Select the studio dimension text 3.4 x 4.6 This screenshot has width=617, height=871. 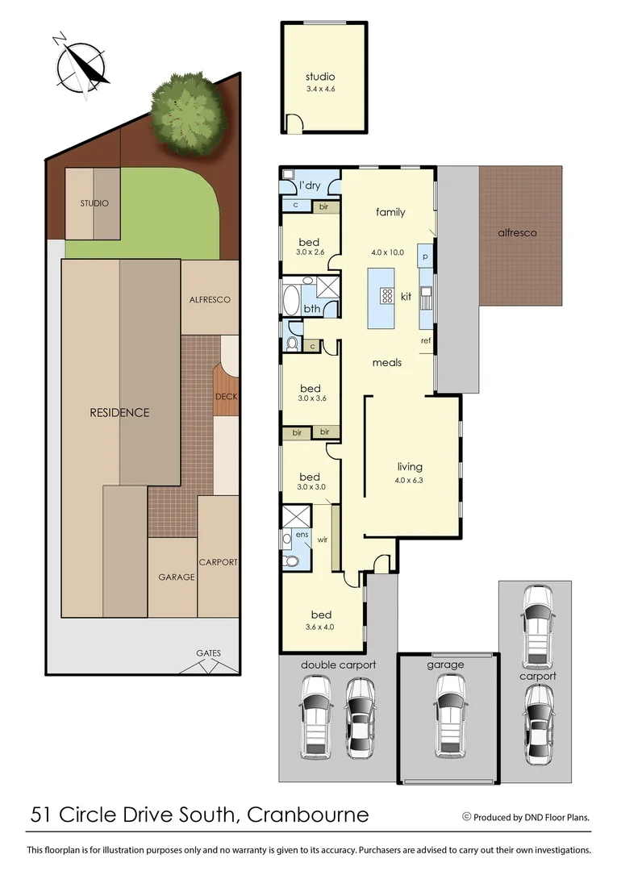(319, 89)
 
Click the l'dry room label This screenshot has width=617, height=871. (310, 186)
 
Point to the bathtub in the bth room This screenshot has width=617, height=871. (290, 297)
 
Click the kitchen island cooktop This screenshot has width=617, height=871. (386, 296)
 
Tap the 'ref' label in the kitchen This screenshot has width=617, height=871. (426, 340)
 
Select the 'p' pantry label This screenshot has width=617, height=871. (425, 257)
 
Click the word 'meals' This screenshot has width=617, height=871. (386, 362)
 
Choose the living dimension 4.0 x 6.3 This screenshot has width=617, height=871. (410, 481)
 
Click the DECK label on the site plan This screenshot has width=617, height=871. (226, 396)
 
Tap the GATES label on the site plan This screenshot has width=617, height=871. (207, 653)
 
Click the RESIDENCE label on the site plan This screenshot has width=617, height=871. (119, 412)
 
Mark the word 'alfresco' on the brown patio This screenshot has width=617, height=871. (517, 232)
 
